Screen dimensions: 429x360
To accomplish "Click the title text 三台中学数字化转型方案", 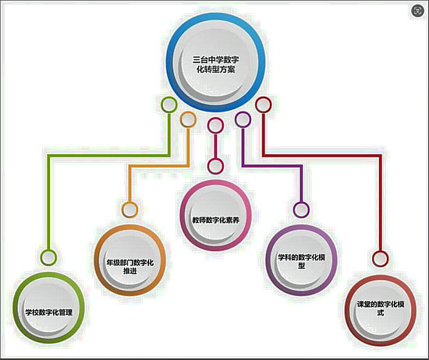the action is (215, 65).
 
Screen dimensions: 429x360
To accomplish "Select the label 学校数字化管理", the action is (49, 312).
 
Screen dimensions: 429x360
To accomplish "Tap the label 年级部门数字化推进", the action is (130, 266).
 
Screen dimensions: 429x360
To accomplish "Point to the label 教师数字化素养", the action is (215, 220).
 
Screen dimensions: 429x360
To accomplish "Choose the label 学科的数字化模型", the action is (301, 261).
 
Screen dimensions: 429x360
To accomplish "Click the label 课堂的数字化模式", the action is (381, 309).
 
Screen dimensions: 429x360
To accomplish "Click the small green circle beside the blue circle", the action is (169, 104).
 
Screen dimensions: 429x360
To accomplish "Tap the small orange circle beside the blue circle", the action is (188, 119).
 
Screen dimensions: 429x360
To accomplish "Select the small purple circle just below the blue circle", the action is (243, 119).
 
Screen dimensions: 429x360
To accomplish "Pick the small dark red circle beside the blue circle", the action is (263, 104).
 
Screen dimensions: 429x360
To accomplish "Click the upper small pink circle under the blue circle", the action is (215, 125).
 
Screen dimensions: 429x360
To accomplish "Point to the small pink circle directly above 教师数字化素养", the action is (215, 166).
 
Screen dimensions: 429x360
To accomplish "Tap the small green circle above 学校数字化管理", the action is (48, 257).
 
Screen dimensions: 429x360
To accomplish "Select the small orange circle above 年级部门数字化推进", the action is (130, 210).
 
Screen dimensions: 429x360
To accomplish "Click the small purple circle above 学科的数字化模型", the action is (301, 210).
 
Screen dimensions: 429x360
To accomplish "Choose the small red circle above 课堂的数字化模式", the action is (381, 259).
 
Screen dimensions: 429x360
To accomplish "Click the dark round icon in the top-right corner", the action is (418, 11).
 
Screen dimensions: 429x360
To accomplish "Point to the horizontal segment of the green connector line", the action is (109, 156).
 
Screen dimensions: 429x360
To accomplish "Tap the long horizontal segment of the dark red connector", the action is (322, 156).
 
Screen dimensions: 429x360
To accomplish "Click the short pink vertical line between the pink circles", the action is (215, 146).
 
